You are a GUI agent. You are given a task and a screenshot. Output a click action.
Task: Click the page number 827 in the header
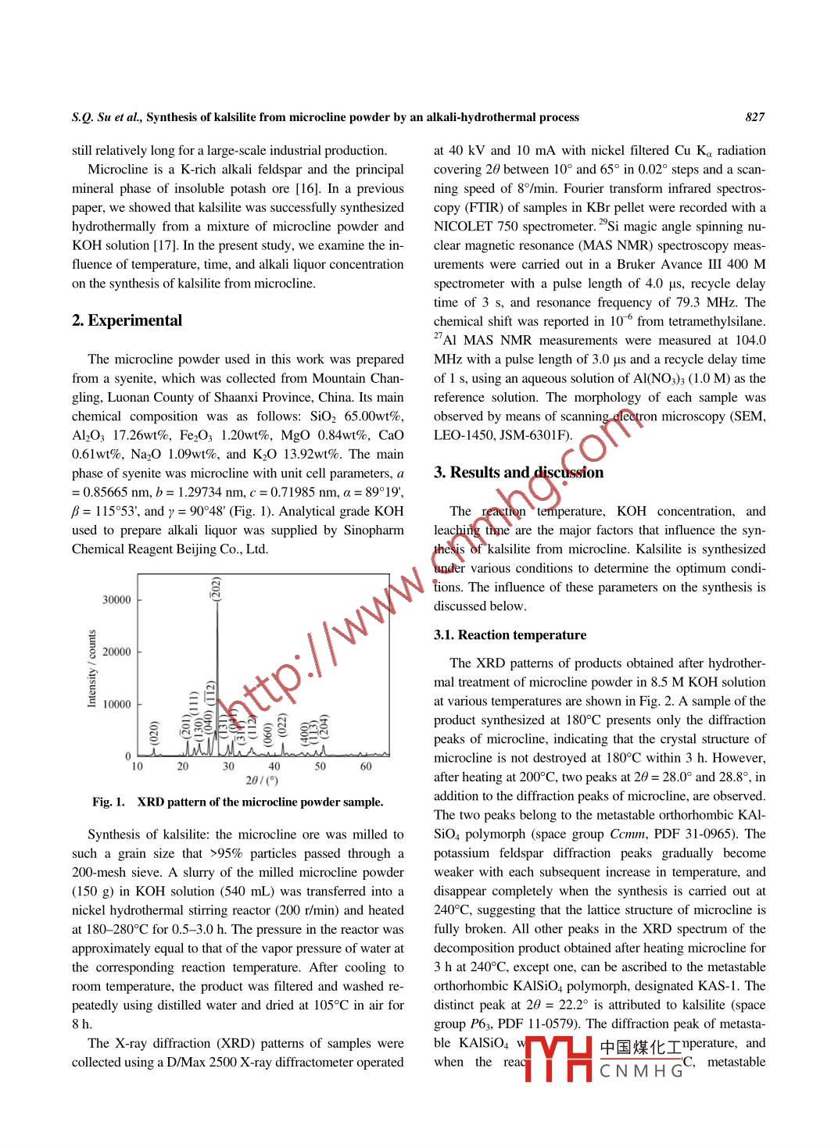[754, 117]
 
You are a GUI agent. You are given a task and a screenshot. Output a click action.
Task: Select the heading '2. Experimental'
[127, 320]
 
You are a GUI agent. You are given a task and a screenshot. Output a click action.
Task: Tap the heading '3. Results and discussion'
[518, 472]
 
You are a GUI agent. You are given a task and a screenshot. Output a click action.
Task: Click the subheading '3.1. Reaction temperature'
[510, 635]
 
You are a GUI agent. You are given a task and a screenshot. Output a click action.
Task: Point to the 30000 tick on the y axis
[116, 600]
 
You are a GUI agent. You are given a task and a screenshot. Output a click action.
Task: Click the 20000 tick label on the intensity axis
[116, 652]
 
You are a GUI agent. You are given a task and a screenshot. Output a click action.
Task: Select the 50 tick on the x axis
[320, 766]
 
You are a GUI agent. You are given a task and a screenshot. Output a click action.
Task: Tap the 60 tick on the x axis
[366, 766]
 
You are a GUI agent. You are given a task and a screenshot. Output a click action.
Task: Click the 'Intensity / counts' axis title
[92, 669]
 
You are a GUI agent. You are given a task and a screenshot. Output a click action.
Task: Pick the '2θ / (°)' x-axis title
[262, 781]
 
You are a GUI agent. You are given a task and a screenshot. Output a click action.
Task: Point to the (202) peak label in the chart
[217, 588]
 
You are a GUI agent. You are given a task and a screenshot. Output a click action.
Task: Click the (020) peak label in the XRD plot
[154, 731]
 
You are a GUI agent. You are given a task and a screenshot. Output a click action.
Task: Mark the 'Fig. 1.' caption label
[108, 802]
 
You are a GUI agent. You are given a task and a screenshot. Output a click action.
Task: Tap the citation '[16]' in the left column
[307, 188]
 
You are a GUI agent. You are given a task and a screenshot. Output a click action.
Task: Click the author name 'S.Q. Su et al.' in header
[106, 117]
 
